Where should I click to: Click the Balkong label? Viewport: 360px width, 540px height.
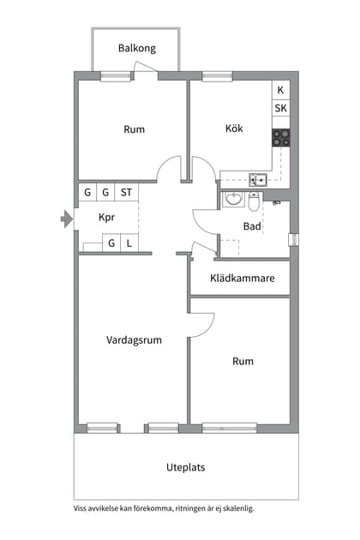point(137,48)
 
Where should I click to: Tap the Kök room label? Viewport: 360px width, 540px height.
point(234,129)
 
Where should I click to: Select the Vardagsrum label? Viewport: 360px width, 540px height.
point(134,340)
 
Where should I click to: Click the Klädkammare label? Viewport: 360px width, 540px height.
point(243,278)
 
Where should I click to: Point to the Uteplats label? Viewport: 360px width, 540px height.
point(185,467)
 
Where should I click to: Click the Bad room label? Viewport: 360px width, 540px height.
point(252,226)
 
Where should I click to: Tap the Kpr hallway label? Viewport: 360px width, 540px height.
point(106,218)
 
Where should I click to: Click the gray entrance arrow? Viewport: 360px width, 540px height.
point(67,219)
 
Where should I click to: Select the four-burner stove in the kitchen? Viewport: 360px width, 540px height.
point(281,138)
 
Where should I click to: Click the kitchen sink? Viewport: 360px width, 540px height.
point(258,179)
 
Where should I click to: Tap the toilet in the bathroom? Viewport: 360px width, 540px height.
point(254,201)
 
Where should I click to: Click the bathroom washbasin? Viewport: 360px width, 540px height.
point(233,199)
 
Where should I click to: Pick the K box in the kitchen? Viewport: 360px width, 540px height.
point(281,90)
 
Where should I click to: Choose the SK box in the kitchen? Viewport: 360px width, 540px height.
point(281,108)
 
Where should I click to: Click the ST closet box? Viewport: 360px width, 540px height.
point(127,192)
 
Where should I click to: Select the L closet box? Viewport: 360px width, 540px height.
point(129,243)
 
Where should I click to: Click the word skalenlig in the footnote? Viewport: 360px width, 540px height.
point(238,508)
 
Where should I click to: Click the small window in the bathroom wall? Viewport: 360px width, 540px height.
point(293,240)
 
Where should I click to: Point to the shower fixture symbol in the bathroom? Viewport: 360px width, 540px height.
point(276,203)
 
